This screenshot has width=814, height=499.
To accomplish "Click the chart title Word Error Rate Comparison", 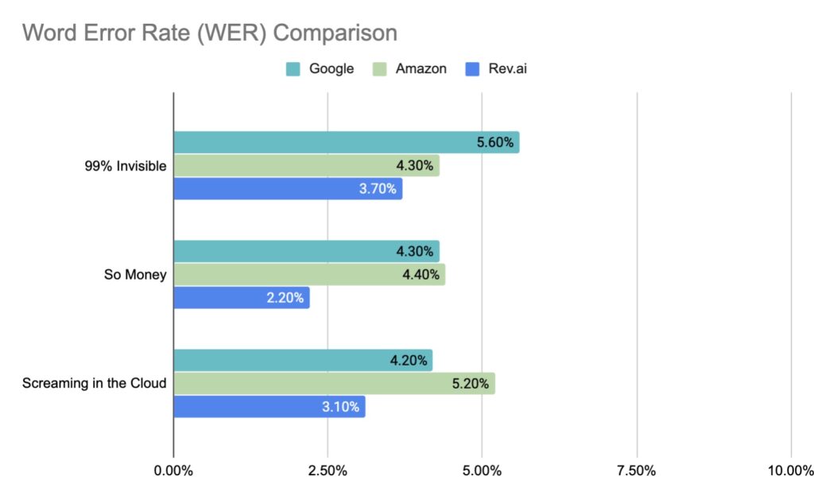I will (x=209, y=33).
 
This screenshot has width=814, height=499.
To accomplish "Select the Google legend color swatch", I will (x=294, y=69).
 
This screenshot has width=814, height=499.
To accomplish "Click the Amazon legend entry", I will (x=409, y=69).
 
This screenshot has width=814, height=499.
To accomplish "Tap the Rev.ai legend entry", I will (x=498, y=69).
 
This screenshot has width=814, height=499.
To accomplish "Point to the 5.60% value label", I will (x=496, y=143).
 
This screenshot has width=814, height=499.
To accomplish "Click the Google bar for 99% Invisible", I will (x=346, y=143).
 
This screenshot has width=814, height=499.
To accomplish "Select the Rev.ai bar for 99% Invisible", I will (x=288, y=189).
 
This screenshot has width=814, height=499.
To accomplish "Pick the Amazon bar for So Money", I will (x=309, y=275).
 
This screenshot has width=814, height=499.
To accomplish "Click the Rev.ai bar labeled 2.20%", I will (x=241, y=298).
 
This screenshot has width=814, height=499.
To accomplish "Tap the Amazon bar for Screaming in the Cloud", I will (x=334, y=384).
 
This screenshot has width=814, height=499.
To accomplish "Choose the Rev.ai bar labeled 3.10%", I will (x=269, y=407).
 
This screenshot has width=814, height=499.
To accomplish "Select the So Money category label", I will (x=135, y=275).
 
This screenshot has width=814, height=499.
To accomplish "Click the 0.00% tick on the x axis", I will (x=173, y=470).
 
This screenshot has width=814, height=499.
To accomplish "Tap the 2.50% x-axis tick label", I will (x=328, y=470).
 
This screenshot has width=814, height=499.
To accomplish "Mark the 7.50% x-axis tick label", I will (x=636, y=470).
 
